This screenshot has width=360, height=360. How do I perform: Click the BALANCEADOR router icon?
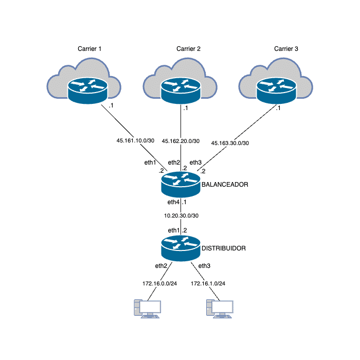180,185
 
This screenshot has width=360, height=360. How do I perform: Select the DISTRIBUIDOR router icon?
180,248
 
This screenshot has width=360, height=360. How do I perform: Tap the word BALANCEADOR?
225,184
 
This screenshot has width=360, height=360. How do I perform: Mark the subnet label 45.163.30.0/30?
230,142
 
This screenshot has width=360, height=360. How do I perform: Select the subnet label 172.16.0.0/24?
160,283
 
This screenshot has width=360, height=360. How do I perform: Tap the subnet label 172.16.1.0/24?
208,283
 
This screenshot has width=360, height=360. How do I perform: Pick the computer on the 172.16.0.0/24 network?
148,308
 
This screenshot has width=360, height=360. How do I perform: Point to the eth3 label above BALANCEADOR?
196,163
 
